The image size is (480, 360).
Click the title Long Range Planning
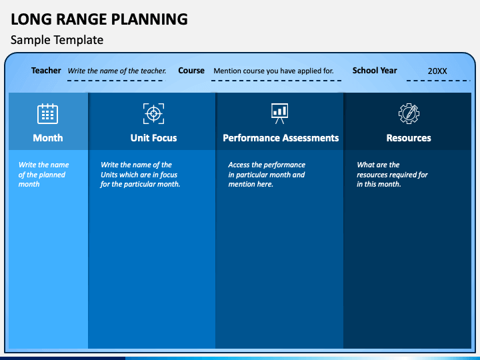coord(99,19)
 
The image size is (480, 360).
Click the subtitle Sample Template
coord(57,40)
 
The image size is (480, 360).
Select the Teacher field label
coord(46,71)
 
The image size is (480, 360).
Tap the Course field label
coord(191,71)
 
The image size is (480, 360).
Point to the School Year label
coord(375,71)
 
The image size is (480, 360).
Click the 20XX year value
coord(437,71)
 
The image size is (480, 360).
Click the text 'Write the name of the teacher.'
coord(117,71)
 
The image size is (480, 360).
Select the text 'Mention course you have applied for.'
coord(273,71)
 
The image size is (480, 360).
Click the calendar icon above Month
coord(47,113)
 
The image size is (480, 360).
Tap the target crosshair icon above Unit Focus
coord(153,113)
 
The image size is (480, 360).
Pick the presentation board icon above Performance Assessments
coord(280,113)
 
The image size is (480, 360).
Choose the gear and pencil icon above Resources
coord(409,113)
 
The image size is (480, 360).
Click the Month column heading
coord(48,138)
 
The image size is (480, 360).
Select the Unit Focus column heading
coord(153,138)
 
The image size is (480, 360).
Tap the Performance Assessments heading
coord(281,138)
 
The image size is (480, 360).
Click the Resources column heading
coord(409,138)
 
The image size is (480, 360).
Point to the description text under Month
coord(43,175)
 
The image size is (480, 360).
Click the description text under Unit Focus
coord(140,175)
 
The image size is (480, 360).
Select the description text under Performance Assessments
coord(266,175)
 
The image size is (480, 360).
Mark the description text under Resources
coord(392,175)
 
